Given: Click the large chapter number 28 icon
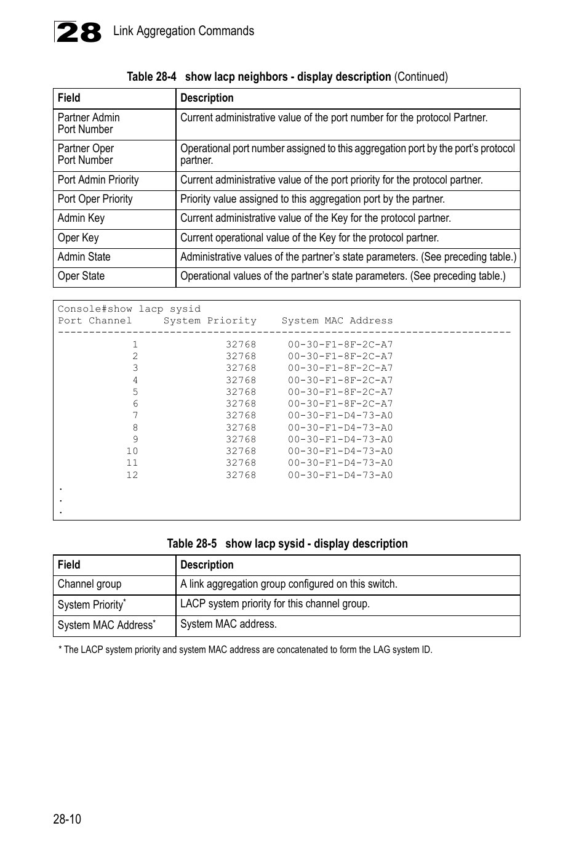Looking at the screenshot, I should pos(78,32).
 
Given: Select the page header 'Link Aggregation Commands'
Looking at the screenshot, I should pos(183,31).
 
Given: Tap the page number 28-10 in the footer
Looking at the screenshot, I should pos(67,819).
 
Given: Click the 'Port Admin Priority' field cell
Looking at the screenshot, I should pos(98,180).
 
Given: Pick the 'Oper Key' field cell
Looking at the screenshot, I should pos(78,238).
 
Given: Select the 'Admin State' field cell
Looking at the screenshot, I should pos(84,257).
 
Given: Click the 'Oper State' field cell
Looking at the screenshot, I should pos(81,276).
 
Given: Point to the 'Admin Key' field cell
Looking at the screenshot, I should pos(81,218).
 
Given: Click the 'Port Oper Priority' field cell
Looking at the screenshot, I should pos(95,199).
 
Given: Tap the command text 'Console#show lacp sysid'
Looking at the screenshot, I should pos(129,309).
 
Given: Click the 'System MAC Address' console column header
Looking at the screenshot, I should pos(337,320).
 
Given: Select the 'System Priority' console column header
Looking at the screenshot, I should pos(210,320).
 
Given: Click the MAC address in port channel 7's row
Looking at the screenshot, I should pos(340,415).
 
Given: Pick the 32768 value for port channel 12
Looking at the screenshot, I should pos(241,475).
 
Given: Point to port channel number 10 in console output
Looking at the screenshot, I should pos(132,451).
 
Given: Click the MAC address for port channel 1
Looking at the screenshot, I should pos(340,344).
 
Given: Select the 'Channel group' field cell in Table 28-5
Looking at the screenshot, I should pos(90,584).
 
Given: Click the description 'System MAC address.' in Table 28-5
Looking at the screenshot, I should pos(228,624).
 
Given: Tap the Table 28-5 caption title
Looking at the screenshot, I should pos(287,543).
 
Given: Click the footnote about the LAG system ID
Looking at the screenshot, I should pos(246,649).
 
